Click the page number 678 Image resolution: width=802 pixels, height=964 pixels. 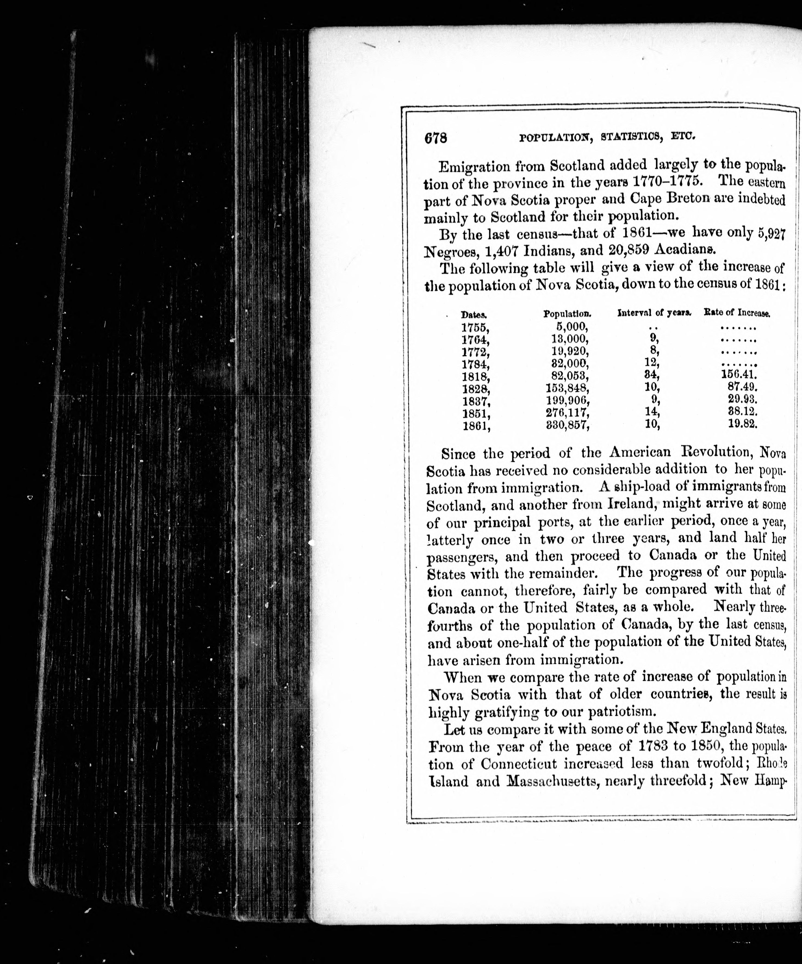pyautogui.click(x=436, y=138)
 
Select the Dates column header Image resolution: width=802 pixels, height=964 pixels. pyautogui.click(x=474, y=315)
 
